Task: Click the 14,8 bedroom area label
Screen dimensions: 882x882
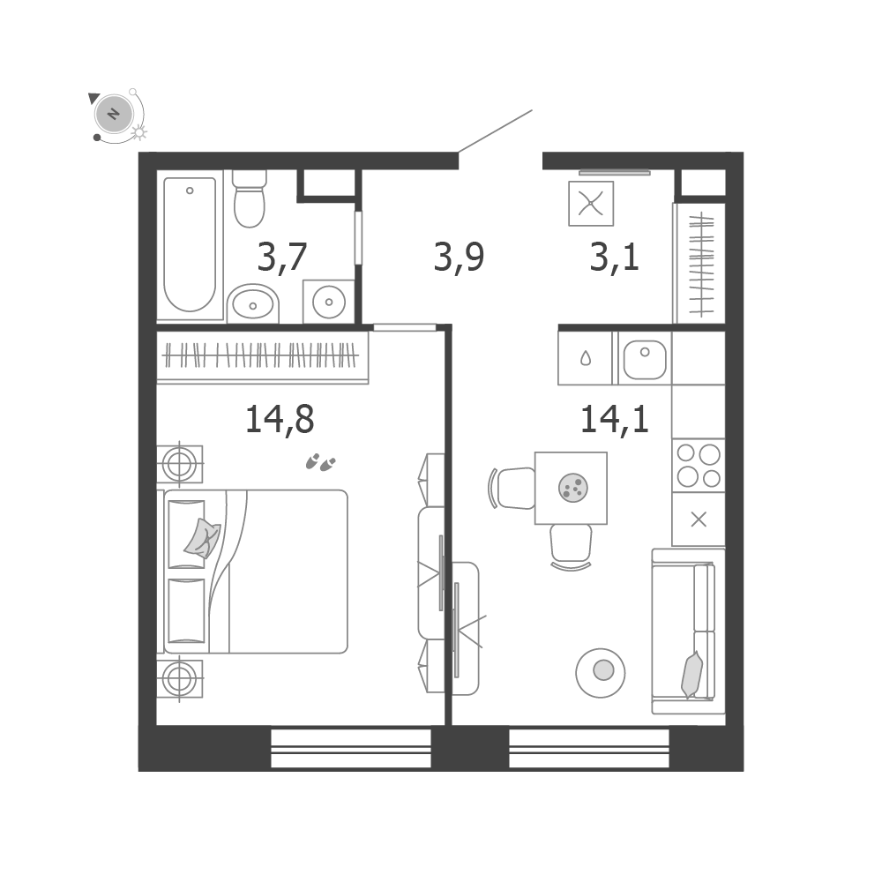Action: [280, 420]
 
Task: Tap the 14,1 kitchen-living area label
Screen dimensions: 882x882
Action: [614, 420]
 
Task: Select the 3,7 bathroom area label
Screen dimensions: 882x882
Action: [282, 257]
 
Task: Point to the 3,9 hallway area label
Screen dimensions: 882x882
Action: [459, 257]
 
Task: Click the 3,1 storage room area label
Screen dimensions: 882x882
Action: [614, 257]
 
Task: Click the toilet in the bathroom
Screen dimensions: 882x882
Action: [250, 198]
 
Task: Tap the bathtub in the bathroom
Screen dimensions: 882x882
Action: [191, 244]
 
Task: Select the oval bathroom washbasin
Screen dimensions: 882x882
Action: [253, 303]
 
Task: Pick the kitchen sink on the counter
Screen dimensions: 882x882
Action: [645, 359]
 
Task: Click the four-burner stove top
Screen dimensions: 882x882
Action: [698, 465]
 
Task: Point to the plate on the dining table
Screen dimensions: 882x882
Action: [573, 487]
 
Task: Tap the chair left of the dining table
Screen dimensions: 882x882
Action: [512, 488]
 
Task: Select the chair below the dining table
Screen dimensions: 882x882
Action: [571, 546]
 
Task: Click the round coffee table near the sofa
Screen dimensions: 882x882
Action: [601, 673]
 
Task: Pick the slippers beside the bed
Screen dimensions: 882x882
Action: [320, 462]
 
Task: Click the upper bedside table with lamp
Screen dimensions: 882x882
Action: [179, 465]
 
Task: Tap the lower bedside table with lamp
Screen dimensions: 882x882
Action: [179, 679]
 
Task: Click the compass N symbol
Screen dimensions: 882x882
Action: [115, 114]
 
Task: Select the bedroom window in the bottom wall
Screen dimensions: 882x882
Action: [351, 749]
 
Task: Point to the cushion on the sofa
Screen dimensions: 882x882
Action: [691, 675]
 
